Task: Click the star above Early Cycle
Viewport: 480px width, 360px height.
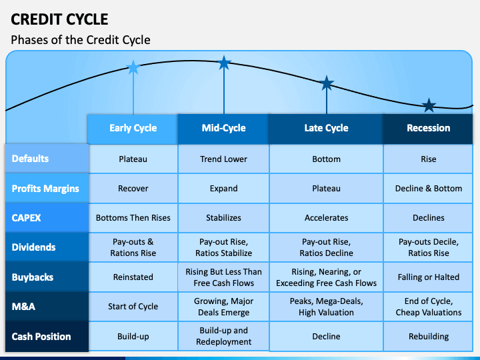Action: tap(133, 67)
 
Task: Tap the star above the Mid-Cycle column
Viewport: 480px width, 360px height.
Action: tap(224, 63)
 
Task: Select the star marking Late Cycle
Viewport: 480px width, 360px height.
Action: tap(327, 83)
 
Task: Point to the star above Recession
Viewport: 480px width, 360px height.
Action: tap(429, 105)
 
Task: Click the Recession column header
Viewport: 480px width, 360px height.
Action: tap(428, 129)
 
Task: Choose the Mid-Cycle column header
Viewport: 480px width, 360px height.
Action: tap(223, 129)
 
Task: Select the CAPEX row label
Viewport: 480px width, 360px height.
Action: tap(47, 217)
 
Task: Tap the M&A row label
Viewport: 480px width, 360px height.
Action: tap(47, 307)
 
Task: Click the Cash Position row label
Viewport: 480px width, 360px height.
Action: tap(47, 337)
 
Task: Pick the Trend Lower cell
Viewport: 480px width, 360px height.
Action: tap(223, 159)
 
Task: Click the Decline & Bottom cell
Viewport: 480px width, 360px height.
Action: tap(428, 188)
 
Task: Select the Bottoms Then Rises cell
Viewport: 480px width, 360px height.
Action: tap(133, 217)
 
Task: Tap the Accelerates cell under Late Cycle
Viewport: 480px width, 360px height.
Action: tap(326, 217)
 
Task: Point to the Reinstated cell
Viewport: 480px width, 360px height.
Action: tap(133, 277)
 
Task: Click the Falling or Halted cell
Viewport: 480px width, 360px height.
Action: tap(428, 277)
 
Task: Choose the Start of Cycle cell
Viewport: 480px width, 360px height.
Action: tap(133, 307)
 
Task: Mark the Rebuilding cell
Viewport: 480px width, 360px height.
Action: tap(428, 337)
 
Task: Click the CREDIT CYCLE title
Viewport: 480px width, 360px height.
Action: tap(59, 19)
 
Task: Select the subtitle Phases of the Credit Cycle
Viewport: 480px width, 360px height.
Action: tap(81, 40)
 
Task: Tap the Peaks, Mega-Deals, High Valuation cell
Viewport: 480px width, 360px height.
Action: tap(326, 307)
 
